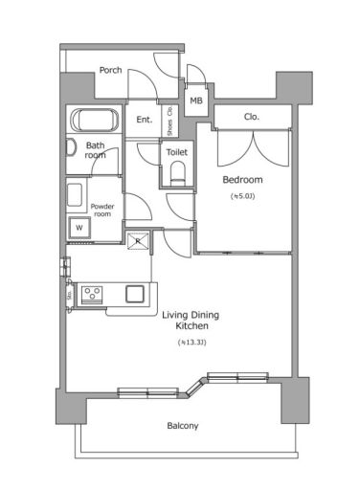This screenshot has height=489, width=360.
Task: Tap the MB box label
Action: click(x=195, y=100)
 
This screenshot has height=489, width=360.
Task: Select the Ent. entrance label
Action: click(x=145, y=120)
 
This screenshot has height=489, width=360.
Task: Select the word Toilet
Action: click(x=177, y=152)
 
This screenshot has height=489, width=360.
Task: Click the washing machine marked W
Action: click(x=79, y=228)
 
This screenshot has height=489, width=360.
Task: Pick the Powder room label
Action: click(x=102, y=210)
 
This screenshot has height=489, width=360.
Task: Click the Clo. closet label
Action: click(x=252, y=117)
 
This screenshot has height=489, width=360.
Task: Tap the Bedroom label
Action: click(x=242, y=179)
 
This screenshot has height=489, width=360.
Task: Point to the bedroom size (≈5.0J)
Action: click(x=241, y=196)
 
